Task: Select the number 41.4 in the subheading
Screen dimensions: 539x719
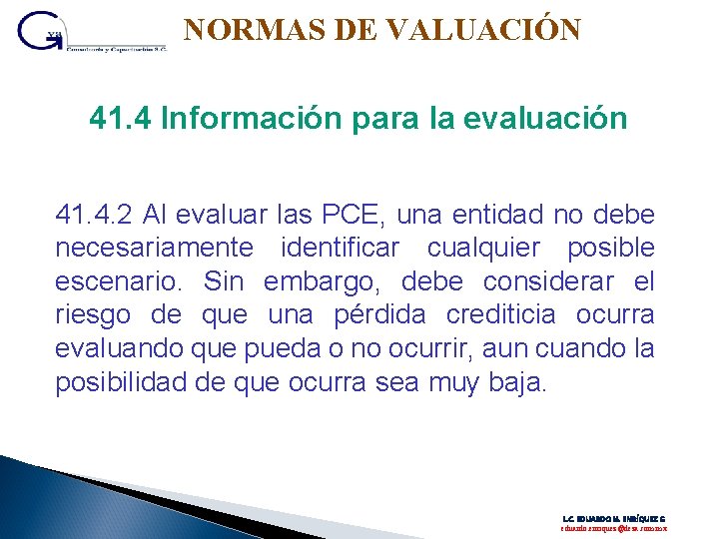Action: coord(120,120)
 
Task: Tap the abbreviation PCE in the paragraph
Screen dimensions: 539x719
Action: coord(357,215)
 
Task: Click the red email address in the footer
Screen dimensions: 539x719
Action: coord(613,528)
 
